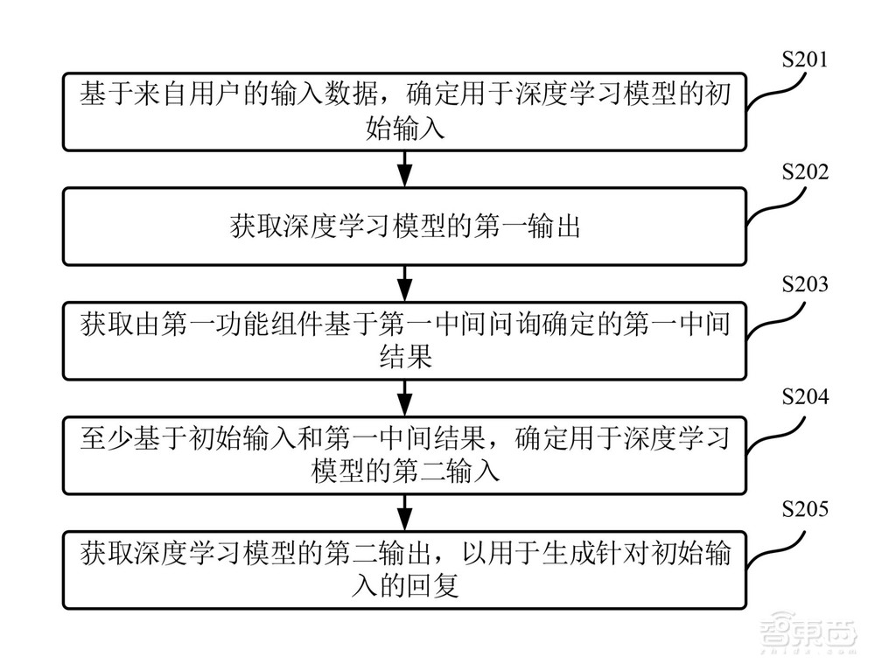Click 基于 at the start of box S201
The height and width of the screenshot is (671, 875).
[x=102, y=94]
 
